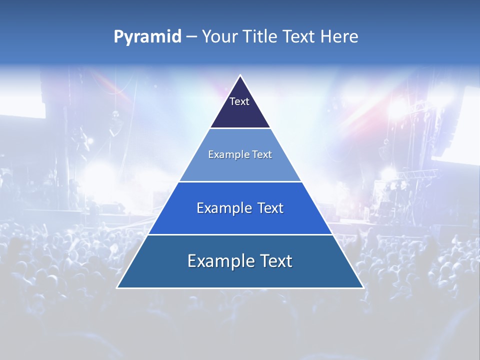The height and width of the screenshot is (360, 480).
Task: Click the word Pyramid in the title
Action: [147, 37]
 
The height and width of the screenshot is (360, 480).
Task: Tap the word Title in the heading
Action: [259, 37]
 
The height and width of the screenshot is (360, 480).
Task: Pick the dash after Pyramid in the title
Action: [191, 37]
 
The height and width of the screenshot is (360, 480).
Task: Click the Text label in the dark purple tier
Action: [239, 101]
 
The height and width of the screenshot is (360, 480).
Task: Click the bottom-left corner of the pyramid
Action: [117, 287]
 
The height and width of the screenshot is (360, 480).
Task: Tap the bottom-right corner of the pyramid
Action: [363, 287]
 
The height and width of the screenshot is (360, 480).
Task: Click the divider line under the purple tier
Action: [240, 128]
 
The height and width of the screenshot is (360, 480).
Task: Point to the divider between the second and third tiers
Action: [240, 181]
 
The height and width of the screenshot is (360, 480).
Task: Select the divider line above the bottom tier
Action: [240, 234]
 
